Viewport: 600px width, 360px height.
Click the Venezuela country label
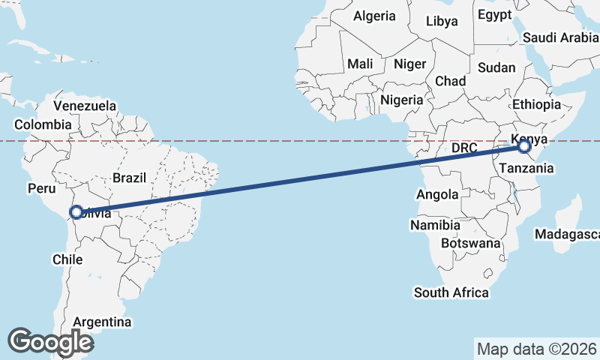pos(85,106)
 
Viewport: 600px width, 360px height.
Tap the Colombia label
pos(43,124)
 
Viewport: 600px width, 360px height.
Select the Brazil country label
pos(129,178)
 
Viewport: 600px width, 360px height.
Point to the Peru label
pos(41,188)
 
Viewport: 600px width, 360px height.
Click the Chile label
pos(67,259)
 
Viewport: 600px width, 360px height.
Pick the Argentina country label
pos(103,322)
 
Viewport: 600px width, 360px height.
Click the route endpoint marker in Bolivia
pos(76,212)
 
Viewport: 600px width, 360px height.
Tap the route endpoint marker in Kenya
pos(523,147)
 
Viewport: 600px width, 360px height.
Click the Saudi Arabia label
pos(561,37)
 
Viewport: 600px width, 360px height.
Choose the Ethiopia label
pos(536,105)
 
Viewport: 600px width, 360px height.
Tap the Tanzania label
pos(528,169)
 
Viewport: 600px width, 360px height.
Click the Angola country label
pos(437,195)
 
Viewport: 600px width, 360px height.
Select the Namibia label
pos(435,225)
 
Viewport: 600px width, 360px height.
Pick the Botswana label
pos(470,243)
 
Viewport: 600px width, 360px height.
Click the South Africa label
pos(451,292)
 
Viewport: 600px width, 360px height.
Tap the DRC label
pos(465,148)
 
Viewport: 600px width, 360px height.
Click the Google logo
pos(51,342)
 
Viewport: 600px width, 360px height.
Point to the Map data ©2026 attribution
pos(537,349)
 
